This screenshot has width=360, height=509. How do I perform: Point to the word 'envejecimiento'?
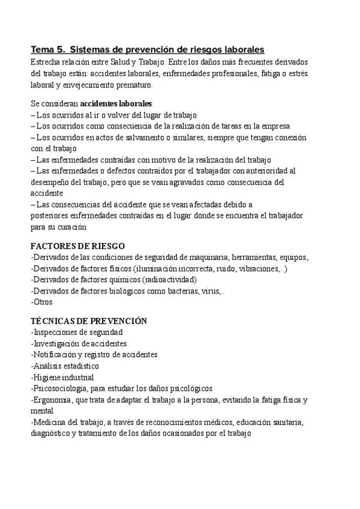[89, 85]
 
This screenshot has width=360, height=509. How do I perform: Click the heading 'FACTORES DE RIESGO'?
[77, 246]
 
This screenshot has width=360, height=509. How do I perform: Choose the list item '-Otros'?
[41, 303]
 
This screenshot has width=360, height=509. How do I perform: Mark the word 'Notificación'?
[58, 355]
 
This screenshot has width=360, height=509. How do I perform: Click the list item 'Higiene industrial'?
[63, 378]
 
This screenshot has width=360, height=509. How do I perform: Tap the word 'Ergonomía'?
[54, 400]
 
